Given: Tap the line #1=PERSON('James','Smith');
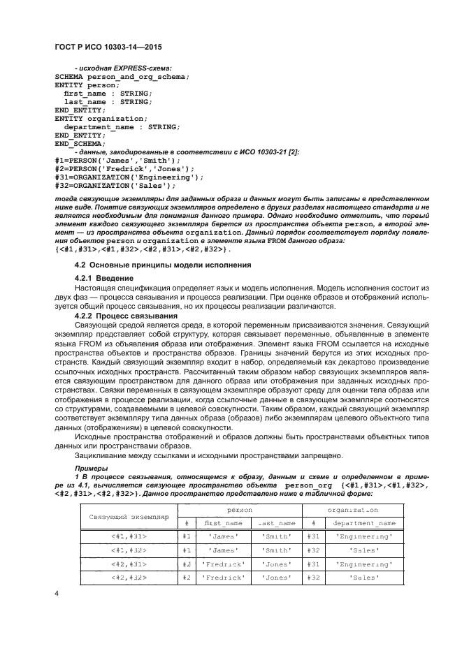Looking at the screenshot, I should coord(112,161).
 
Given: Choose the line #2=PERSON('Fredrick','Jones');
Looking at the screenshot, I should coord(119,169).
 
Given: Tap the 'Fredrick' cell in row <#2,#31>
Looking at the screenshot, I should coord(223,564).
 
